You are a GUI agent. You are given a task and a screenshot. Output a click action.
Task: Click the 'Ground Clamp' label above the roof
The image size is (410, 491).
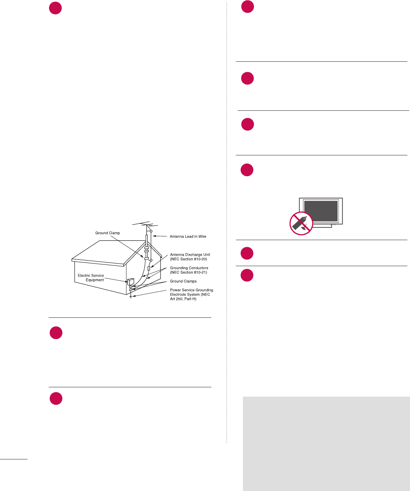(107, 233)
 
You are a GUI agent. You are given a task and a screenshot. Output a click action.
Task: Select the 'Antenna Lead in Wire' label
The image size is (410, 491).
(188, 236)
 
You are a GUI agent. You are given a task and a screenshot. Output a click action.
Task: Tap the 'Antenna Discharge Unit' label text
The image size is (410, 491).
(190, 257)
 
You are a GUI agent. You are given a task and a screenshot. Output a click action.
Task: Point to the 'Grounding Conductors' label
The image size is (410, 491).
(189, 270)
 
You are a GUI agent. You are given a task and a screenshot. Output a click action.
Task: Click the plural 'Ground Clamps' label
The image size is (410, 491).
(183, 281)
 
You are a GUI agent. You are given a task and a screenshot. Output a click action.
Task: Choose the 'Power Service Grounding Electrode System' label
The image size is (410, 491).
(191, 294)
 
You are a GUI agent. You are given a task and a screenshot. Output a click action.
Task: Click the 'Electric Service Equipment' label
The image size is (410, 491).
(91, 278)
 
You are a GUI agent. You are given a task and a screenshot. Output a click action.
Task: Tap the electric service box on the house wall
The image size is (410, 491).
(130, 281)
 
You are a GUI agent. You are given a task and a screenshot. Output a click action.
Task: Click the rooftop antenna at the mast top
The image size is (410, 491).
(145, 224)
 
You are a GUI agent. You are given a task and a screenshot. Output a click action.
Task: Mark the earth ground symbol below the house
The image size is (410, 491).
(131, 297)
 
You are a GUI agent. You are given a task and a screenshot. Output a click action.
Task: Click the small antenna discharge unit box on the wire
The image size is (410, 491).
(149, 268)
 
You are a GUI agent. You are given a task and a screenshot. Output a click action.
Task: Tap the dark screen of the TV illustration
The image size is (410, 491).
(321, 211)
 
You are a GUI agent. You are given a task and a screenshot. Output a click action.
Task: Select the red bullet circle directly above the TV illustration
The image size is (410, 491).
(247, 170)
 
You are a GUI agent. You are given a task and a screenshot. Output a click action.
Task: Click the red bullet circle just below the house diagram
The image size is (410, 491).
(56, 333)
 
